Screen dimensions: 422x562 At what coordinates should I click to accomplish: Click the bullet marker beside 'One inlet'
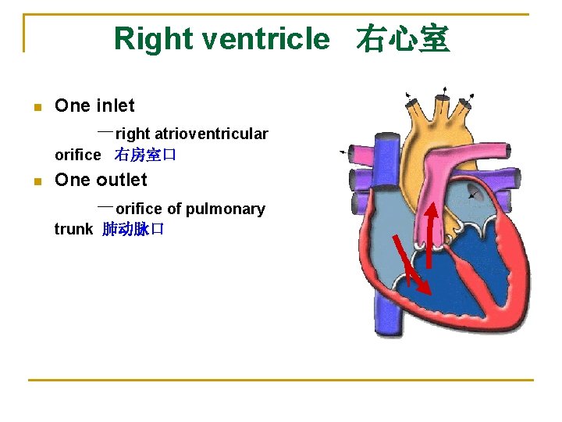click(x=37, y=107)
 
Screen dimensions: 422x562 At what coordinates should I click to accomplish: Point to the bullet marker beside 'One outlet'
click(x=37, y=181)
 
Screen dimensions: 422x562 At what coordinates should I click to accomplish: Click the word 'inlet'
click(x=116, y=105)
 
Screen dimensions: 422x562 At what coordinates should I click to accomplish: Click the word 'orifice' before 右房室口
click(x=77, y=155)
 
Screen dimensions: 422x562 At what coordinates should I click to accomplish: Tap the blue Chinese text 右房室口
click(x=146, y=155)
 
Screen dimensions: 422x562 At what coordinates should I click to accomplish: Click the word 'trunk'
click(x=73, y=229)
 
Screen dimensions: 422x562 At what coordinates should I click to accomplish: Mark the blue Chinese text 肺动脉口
click(x=133, y=229)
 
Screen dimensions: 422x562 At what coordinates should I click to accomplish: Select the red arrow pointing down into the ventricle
click(x=411, y=264)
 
